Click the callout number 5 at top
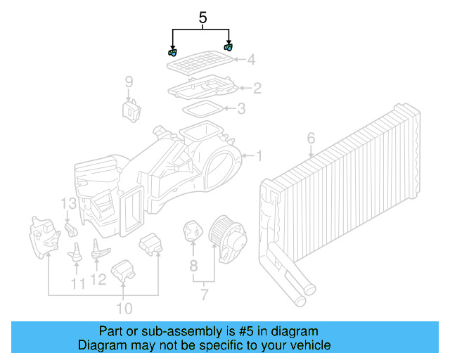[202, 18]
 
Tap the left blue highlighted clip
[172, 52]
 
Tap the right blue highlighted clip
[228, 48]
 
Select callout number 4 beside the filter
[251, 60]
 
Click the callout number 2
[257, 88]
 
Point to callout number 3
[241, 109]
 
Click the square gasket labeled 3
[202, 108]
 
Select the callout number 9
[129, 82]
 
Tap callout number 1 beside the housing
[258, 155]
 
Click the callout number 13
[67, 204]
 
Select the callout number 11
[77, 283]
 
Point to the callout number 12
[98, 280]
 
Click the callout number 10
[124, 308]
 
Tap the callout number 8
[193, 266]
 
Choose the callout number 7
[204, 295]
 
